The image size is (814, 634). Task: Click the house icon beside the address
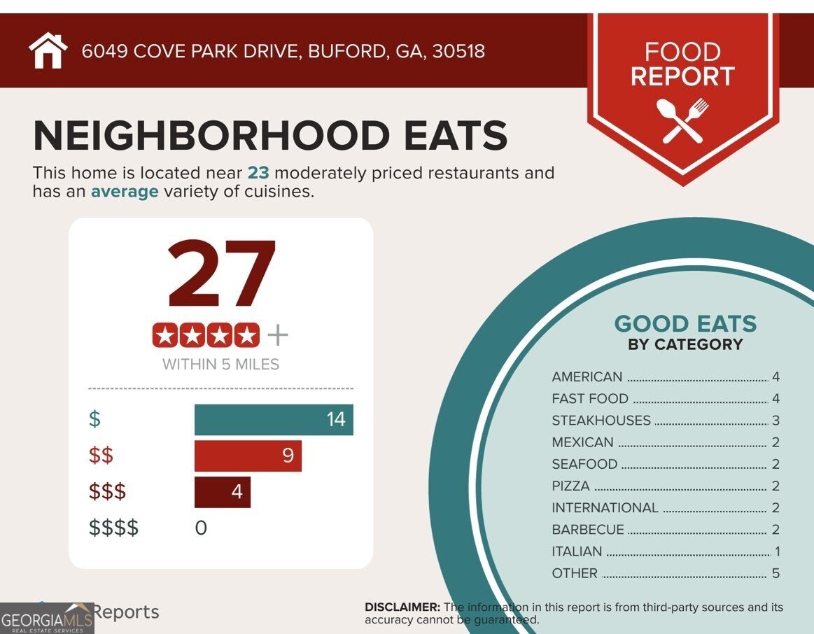[x=48, y=51]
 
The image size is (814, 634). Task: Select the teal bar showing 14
[x=274, y=420]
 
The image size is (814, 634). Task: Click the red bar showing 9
[x=248, y=456]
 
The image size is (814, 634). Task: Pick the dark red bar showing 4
[x=222, y=492]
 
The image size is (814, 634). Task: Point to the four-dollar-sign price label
[x=113, y=528]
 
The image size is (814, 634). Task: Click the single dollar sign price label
[x=94, y=420]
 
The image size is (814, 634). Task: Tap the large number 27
[x=222, y=275]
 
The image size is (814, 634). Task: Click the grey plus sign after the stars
[x=278, y=336]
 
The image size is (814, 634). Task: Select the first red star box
[x=165, y=336]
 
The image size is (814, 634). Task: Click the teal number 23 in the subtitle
[x=258, y=173]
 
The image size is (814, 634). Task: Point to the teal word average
[x=125, y=191]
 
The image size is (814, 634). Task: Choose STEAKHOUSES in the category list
[x=601, y=421]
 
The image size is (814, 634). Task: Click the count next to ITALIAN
[x=777, y=551]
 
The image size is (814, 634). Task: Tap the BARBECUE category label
[x=587, y=530]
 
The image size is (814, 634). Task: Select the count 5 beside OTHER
[x=776, y=573]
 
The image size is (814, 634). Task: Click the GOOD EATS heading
[x=685, y=324]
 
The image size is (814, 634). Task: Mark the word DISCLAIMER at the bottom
[x=402, y=607]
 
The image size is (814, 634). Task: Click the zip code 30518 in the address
[x=458, y=51]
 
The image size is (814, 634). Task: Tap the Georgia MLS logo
[x=47, y=619]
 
